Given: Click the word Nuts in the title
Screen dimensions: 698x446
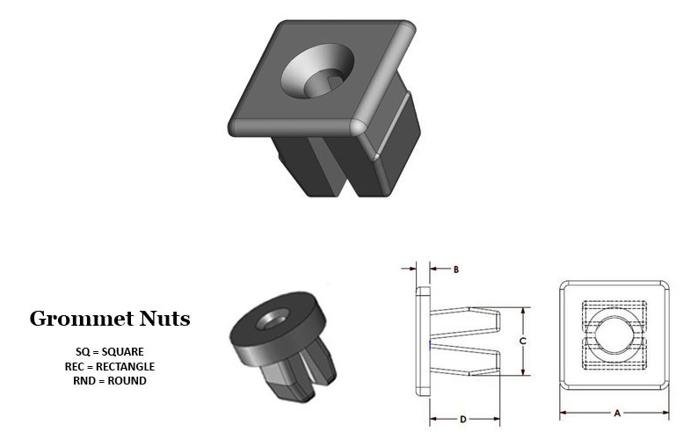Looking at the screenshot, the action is (x=164, y=319).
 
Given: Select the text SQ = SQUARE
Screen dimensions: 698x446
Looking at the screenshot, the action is (x=110, y=352).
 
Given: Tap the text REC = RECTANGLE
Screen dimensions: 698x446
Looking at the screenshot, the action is (x=110, y=366).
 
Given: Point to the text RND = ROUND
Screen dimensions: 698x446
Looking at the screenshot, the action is (x=110, y=381).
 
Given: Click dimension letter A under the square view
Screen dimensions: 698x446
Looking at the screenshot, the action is (x=617, y=414).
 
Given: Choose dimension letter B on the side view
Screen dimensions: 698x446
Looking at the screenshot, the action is (x=456, y=270).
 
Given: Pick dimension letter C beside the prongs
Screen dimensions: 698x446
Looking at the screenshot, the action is (x=523, y=341).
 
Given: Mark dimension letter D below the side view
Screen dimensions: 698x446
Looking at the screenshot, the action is (x=463, y=420).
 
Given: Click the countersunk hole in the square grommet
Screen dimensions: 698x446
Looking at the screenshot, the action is (x=318, y=71).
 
